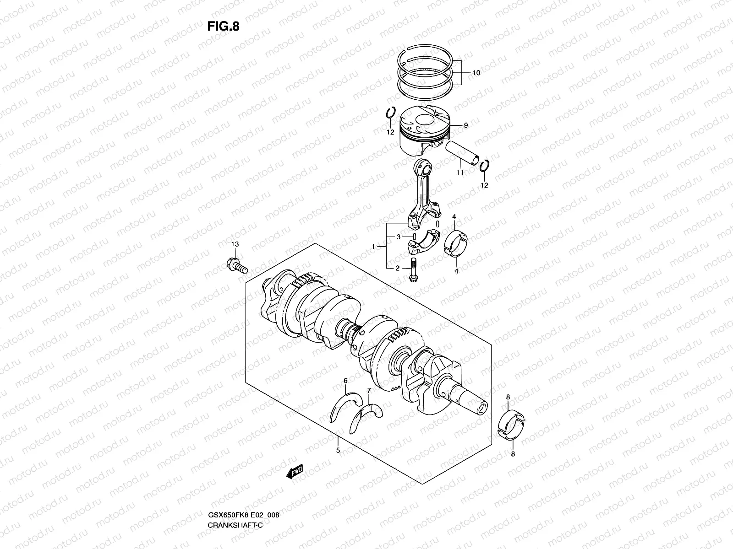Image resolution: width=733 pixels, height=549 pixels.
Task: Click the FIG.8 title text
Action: (223, 27)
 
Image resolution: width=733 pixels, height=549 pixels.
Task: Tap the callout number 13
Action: (235, 245)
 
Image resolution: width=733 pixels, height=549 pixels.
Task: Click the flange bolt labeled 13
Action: (237, 266)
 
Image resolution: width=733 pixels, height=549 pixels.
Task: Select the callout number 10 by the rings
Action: (476, 73)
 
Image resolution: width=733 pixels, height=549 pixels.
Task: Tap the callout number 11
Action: (459, 172)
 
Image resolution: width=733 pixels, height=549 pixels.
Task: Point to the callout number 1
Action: (373, 247)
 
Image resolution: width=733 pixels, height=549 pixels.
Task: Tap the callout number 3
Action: (399, 237)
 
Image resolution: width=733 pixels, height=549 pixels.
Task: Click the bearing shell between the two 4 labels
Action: (455, 242)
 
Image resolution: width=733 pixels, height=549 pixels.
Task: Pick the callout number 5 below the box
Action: (338, 450)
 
